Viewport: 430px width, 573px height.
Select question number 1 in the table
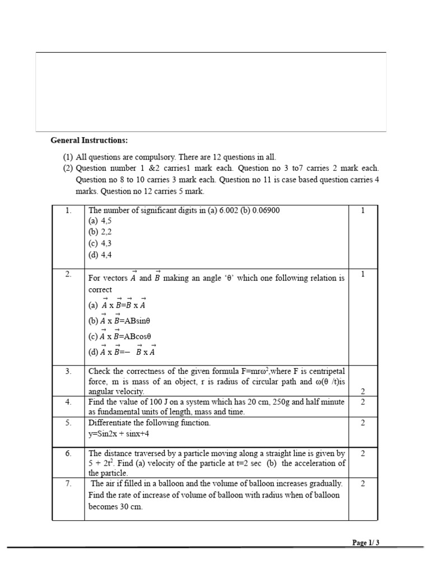68,210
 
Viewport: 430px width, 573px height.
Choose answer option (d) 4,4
100,254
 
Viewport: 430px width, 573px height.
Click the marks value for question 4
363,402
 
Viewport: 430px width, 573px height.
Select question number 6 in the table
68,453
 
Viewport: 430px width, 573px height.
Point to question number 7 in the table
68,483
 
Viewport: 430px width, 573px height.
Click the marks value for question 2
363,274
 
